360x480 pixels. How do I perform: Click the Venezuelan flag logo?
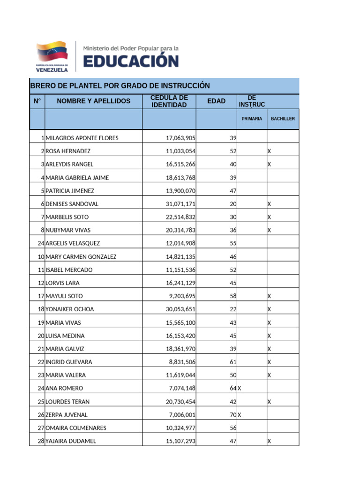[x=52, y=56]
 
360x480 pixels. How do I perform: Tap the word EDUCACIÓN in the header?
[x=131, y=61]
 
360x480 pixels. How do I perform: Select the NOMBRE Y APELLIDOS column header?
[x=94, y=101]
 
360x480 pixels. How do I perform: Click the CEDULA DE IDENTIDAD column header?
[x=169, y=101]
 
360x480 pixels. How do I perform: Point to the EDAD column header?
[x=216, y=101]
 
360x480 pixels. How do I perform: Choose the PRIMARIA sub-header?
[x=252, y=119]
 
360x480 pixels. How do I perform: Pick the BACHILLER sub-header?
[x=283, y=119]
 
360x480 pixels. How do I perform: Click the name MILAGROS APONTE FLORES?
[x=82, y=138]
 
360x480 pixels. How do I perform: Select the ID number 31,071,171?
[x=181, y=204]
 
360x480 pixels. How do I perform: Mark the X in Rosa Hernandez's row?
[x=269, y=151]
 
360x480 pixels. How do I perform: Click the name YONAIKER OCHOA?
[x=70, y=309]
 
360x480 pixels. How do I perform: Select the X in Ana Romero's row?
[x=240, y=389]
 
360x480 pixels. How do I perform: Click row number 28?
[x=41, y=441]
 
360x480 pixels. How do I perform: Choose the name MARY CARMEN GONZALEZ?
[x=81, y=257]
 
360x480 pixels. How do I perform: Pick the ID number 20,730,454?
[x=181, y=402]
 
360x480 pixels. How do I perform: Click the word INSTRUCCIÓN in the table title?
[x=184, y=86]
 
